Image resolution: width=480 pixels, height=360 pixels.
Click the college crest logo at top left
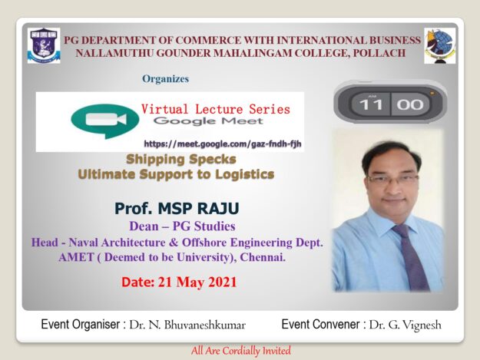[44, 45]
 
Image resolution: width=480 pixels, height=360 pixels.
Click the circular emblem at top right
[439, 45]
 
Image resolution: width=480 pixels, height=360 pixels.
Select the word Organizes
[165, 78]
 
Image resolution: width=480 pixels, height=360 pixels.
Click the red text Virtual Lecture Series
[216, 109]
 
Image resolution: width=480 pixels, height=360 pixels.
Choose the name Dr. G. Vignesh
[405, 325]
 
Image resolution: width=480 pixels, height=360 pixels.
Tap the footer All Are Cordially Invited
[240, 350]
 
